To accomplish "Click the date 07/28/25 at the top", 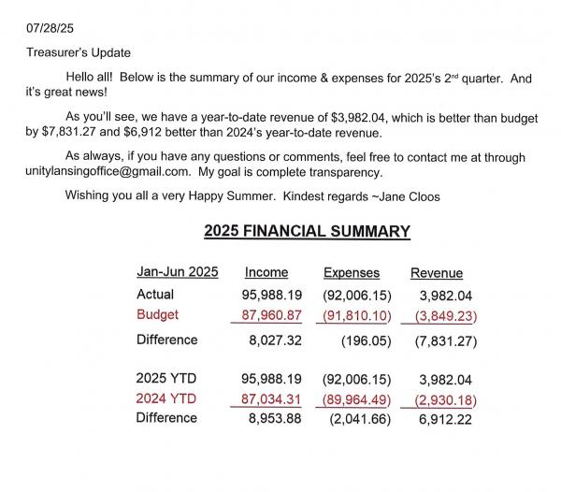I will (47, 14).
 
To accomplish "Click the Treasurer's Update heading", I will (77, 52).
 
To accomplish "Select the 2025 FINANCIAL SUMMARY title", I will (307, 231).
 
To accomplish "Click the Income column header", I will (266, 273).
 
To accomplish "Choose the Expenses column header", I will (352, 273).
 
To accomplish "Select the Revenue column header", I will (437, 273).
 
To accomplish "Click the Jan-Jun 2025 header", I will (178, 272).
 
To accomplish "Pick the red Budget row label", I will (158, 314).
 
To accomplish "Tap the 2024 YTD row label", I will (166, 400).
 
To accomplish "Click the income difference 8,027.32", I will (272, 340).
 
